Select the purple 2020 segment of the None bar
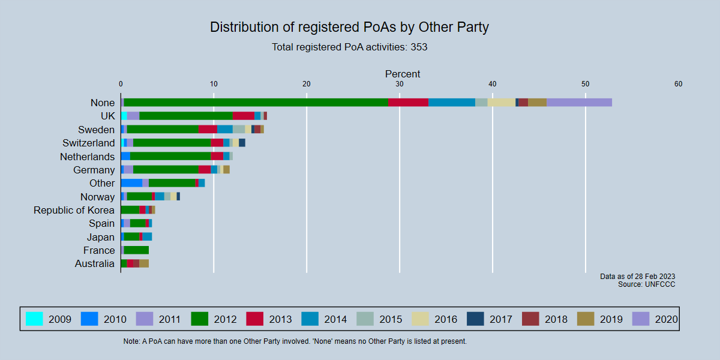pos(579,103)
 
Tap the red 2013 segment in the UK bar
pos(243,116)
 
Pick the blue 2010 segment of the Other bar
pos(131,183)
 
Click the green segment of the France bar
pos(136,250)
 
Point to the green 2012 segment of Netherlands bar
pos(170,157)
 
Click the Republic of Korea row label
pos(74,210)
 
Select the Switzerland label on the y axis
pos(88,143)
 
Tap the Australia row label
pos(94,263)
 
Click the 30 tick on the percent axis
pos(399,84)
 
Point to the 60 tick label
pos(678,84)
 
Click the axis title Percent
pos(402,74)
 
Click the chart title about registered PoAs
pos(349,27)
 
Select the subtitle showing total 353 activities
pos(349,47)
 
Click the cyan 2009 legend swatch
pos(34,319)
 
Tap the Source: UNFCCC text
pos(646,284)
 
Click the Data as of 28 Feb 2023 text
pos(637,277)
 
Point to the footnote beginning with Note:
pos(295,341)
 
